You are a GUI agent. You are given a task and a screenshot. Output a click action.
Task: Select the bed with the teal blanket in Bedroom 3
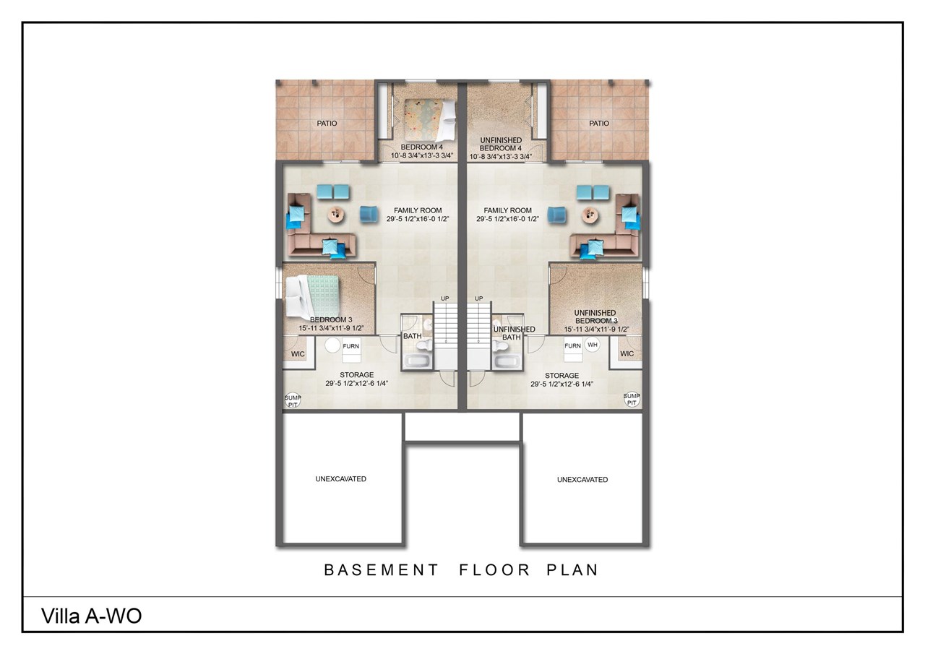[x=312, y=296]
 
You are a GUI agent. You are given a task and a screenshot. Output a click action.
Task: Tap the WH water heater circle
[x=593, y=345]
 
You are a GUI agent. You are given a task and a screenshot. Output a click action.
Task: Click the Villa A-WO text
[x=91, y=616]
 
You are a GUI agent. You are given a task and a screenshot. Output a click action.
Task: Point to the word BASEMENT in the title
[x=381, y=569]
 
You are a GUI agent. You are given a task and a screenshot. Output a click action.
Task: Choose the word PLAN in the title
[x=572, y=569]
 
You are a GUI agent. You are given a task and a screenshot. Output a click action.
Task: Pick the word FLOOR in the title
[x=489, y=569]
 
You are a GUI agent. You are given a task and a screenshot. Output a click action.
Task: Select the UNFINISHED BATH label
[x=513, y=333]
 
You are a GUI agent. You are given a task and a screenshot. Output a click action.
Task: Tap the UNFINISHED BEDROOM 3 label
[x=596, y=317]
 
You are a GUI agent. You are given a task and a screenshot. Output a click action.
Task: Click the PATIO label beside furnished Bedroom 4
[x=327, y=124]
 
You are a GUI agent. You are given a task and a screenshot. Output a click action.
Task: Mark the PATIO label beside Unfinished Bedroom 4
[x=599, y=124]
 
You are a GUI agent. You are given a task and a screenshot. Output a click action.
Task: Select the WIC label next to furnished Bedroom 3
[x=298, y=354]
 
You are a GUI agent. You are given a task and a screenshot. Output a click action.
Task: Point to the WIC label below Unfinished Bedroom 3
[x=627, y=354]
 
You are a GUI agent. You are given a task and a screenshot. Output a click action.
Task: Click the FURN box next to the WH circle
[x=572, y=346]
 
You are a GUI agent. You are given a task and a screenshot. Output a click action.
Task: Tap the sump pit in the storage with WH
[x=632, y=400]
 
